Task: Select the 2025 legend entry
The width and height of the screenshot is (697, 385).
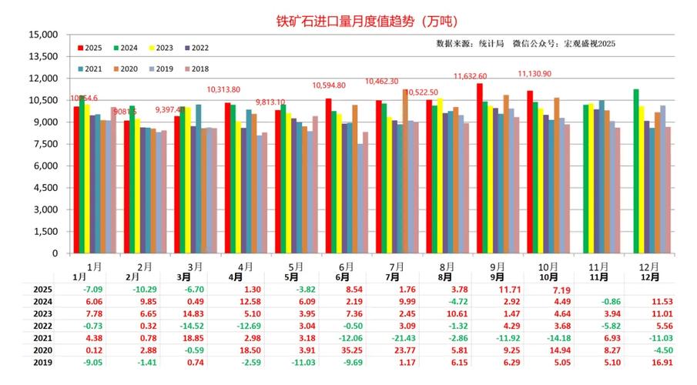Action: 92,48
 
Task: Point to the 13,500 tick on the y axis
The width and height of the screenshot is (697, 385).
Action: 44,56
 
